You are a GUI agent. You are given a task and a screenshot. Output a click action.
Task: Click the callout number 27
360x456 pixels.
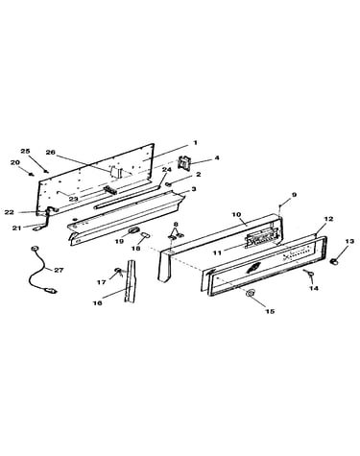click(59, 270)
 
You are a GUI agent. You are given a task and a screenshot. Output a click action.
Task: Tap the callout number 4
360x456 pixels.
click(217, 157)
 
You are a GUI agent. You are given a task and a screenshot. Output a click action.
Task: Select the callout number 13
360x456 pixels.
click(349, 241)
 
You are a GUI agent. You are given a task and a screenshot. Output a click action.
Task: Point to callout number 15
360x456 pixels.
click(270, 311)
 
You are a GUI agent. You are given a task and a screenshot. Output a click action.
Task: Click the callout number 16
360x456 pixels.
click(97, 302)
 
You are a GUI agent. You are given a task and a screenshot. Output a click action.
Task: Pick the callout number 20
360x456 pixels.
click(15, 162)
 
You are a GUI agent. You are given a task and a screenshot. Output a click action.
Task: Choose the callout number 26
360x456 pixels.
click(50, 152)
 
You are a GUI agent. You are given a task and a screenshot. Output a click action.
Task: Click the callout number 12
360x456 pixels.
click(328, 219)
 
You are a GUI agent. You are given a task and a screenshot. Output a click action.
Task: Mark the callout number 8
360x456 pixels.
click(176, 224)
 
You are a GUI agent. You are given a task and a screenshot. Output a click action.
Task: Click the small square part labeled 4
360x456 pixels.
click(183, 162)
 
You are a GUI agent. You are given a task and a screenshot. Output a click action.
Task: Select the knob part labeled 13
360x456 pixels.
click(334, 262)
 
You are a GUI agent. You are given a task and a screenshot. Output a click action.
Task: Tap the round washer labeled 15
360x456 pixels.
click(251, 293)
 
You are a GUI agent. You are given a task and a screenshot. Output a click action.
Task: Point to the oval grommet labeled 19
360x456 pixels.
click(134, 229)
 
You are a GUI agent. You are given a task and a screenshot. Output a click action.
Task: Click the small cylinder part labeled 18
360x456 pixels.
click(145, 235)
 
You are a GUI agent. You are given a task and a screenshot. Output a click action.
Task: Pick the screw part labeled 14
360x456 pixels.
click(309, 273)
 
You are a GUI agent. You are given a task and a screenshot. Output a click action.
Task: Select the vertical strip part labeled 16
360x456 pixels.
click(131, 281)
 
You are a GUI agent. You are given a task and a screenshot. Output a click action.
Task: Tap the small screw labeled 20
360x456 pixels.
click(31, 174)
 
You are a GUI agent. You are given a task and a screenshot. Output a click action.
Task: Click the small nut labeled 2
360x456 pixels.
click(168, 184)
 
